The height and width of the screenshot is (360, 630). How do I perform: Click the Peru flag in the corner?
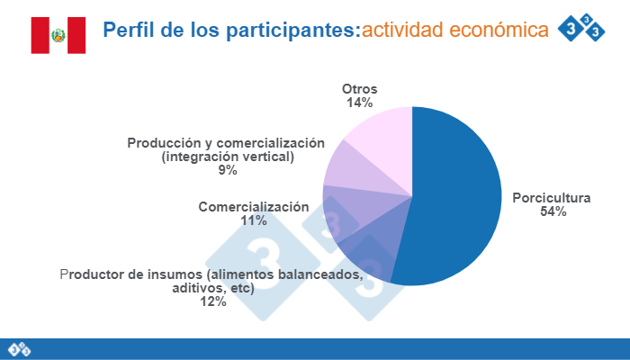[x=58, y=35]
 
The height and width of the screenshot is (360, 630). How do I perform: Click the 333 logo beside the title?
[x=582, y=28]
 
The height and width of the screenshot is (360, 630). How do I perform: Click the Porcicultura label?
[x=551, y=198]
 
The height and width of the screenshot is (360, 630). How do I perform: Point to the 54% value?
[x=553, y=212]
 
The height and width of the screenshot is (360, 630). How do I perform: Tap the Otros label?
[x=359, y=89]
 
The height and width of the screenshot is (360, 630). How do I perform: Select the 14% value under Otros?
[x=359, y=103]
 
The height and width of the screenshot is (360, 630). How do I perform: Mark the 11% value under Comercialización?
[x=253, y=220]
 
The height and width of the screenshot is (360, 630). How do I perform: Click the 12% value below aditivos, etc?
[x=213, y=301]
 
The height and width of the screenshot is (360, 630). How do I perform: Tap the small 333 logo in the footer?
[x=20, y=348]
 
